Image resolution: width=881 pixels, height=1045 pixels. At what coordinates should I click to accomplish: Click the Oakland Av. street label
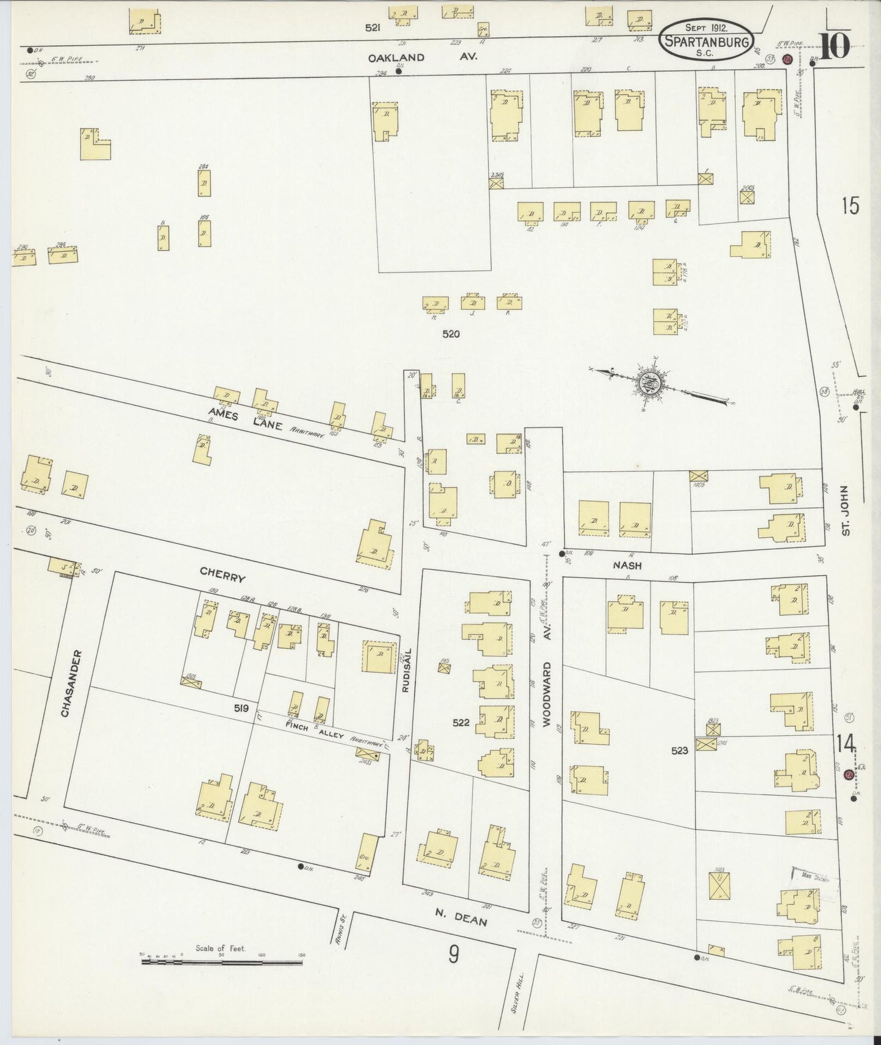pos(422,57)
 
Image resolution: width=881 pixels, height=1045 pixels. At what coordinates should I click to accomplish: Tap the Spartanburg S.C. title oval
pos(707,39)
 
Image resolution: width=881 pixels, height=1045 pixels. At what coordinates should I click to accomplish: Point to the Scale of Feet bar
pos(221,962)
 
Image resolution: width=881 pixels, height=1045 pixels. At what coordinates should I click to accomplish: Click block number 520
pos(451,333)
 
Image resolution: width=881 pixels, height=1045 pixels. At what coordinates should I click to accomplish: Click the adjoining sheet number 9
pos(454,954)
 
